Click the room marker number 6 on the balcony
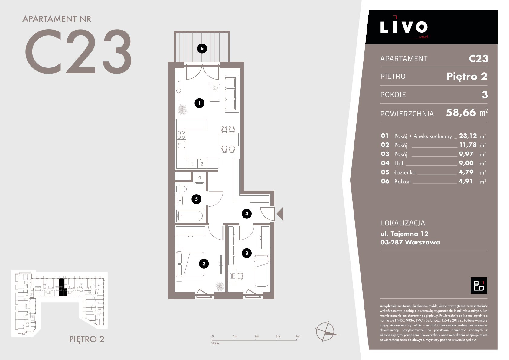click(x=202, y=48)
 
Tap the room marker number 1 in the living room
click(x=200, y=103)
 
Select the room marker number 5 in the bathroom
click(x=196, y=199)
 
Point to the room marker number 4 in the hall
click(x=246, y=214)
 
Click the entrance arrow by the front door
click(x=280, y=214)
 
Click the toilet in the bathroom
click(x=181, y=189)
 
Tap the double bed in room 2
click(x=190, y=264)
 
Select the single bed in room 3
click(x=262, y=271)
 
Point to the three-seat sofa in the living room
click(x=232, y=94)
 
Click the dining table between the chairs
click(x=228, y=139)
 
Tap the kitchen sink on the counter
click(x=181, y=144)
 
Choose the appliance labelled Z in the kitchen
click(x=202, y=164)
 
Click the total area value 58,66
click(x=461, y=113)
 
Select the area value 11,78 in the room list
click(x=468, y=145)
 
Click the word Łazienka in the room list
click(x=405, y=172)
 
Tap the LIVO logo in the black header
click(x=404, y=27)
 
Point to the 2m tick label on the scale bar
click(x=256, y=336)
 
